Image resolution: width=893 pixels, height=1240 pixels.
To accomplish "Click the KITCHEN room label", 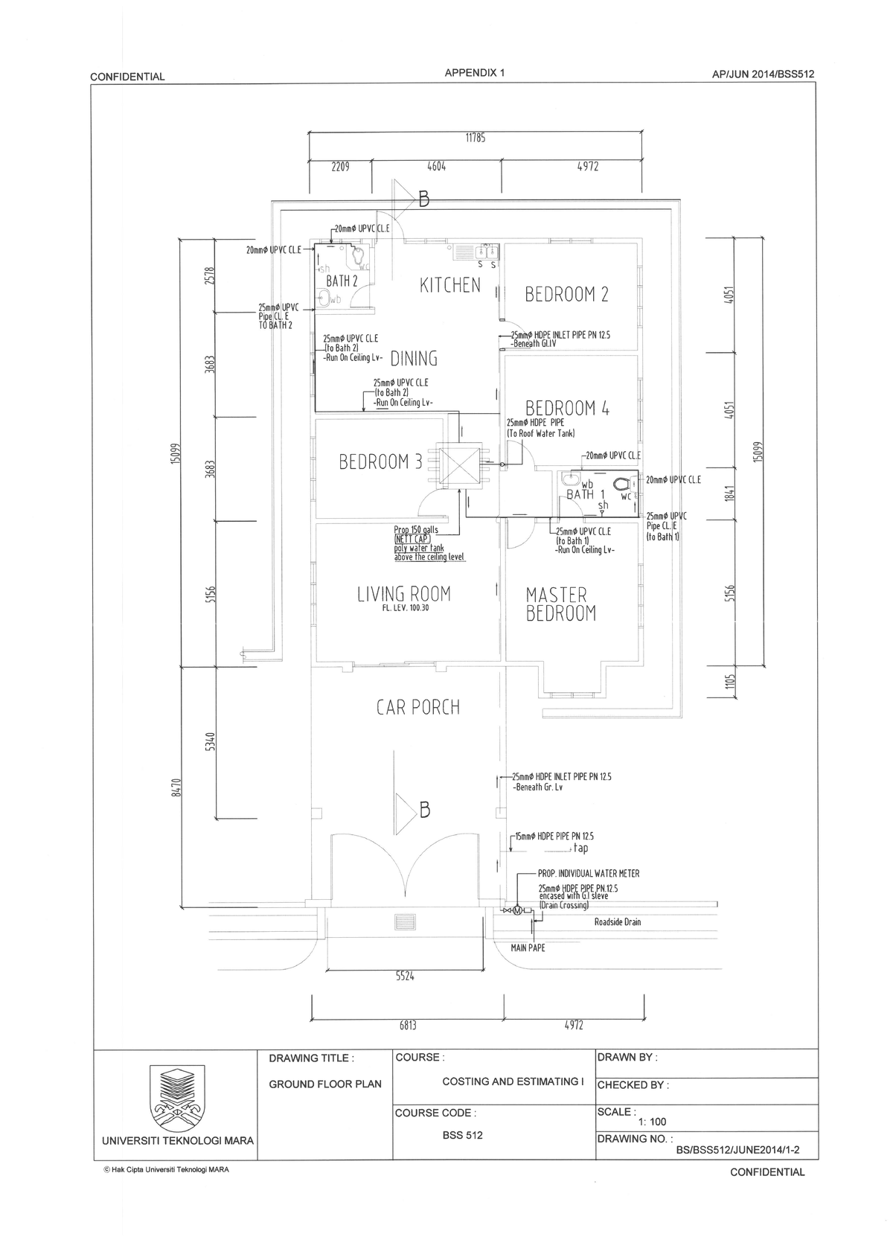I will [450, 285].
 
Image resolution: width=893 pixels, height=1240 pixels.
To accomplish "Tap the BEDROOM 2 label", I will [566, 294].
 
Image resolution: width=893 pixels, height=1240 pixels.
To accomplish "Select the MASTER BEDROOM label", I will [560, 604].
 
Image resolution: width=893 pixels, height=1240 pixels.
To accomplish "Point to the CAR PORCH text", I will [417, 707].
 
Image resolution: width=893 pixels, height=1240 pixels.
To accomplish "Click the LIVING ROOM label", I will [403, 594].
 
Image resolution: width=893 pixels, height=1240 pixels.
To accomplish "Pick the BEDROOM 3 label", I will [380, 462].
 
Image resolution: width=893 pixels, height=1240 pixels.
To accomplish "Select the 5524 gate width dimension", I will [404, 976].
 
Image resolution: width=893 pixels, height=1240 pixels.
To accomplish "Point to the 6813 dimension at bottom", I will [407, 1025].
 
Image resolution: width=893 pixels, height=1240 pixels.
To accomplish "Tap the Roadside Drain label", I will [617, 922].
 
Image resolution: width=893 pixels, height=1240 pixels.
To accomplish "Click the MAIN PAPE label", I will [528, 947].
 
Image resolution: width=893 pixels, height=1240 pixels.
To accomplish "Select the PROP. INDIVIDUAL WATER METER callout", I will [588, 873].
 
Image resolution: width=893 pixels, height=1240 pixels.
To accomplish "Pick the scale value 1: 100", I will [652, 1122].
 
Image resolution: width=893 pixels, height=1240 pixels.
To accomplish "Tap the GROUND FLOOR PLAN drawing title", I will [324, 1084].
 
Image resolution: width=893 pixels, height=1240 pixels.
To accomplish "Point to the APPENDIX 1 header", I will [474, 73].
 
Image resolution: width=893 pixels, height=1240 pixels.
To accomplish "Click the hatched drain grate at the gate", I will [406, 922].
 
